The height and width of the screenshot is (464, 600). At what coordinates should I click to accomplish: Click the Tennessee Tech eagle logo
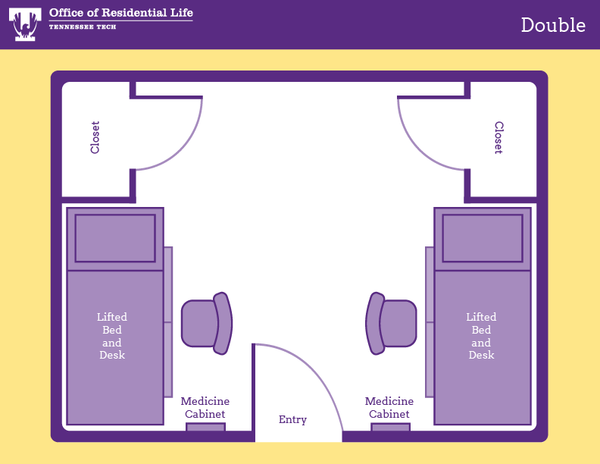25,24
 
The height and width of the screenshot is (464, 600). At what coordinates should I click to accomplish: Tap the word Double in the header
553,25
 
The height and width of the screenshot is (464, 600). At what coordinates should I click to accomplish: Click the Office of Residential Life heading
120,13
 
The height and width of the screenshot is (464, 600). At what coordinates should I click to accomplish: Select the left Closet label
95,137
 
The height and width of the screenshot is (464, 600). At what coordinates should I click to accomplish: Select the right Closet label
498,137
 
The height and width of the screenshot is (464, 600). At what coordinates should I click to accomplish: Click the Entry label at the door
292,419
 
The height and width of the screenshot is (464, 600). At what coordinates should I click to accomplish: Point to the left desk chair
205,324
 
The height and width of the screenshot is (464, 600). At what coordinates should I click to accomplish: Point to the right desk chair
392,324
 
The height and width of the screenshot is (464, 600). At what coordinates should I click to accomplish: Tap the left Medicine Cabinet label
205,408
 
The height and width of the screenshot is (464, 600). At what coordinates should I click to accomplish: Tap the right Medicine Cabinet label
389,408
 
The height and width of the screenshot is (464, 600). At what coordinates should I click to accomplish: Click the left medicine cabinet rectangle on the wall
205,428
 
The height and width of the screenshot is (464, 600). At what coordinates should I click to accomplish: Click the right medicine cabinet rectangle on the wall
390,428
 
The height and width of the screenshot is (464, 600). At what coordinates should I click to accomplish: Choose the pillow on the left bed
115,238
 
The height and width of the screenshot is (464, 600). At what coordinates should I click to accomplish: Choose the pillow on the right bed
482,238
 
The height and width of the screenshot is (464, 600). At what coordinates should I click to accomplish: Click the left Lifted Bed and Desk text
112,336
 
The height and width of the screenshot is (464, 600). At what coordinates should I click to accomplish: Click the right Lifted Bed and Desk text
481,336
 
